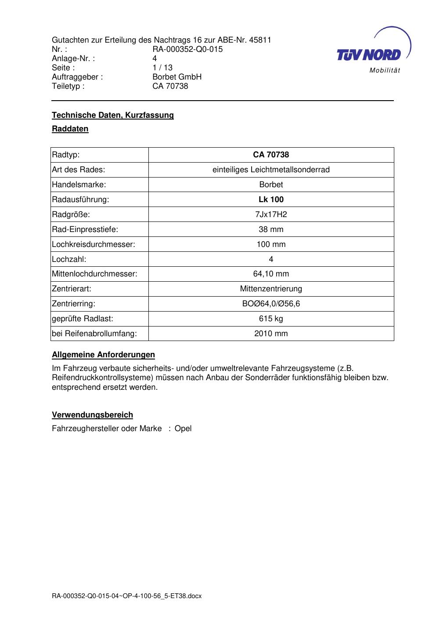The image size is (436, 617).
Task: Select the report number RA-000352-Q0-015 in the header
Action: click(187, 49)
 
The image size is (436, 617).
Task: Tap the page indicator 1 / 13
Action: click(162, 68)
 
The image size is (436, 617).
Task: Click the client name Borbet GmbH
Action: click(177, 77)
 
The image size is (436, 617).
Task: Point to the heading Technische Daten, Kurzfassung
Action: click(113, 115)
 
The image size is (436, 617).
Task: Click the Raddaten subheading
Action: click(70, 129)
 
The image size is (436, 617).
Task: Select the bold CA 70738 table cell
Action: click(271, 155)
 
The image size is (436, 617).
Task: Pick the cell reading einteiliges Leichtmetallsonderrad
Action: click(271, 170)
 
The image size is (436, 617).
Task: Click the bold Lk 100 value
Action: click(271, 200)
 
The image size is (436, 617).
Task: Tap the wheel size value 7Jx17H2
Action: click(271, 214)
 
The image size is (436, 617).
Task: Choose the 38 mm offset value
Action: click(271, 229)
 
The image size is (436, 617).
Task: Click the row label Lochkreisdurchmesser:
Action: click(94, 244)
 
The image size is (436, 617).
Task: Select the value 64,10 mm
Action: click(271, 274)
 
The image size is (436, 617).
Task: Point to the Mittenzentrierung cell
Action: click(271, 289)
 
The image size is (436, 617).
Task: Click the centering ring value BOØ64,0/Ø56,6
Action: click(271, 304)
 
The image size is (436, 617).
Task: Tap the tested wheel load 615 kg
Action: click(271, 319)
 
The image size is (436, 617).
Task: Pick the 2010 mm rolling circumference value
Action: click(271, 334)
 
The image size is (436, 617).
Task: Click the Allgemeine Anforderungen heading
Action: click(103, 355)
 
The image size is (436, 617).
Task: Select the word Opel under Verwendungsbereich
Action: click(183, 428)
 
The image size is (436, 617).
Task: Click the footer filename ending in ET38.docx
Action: click(126, 596)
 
